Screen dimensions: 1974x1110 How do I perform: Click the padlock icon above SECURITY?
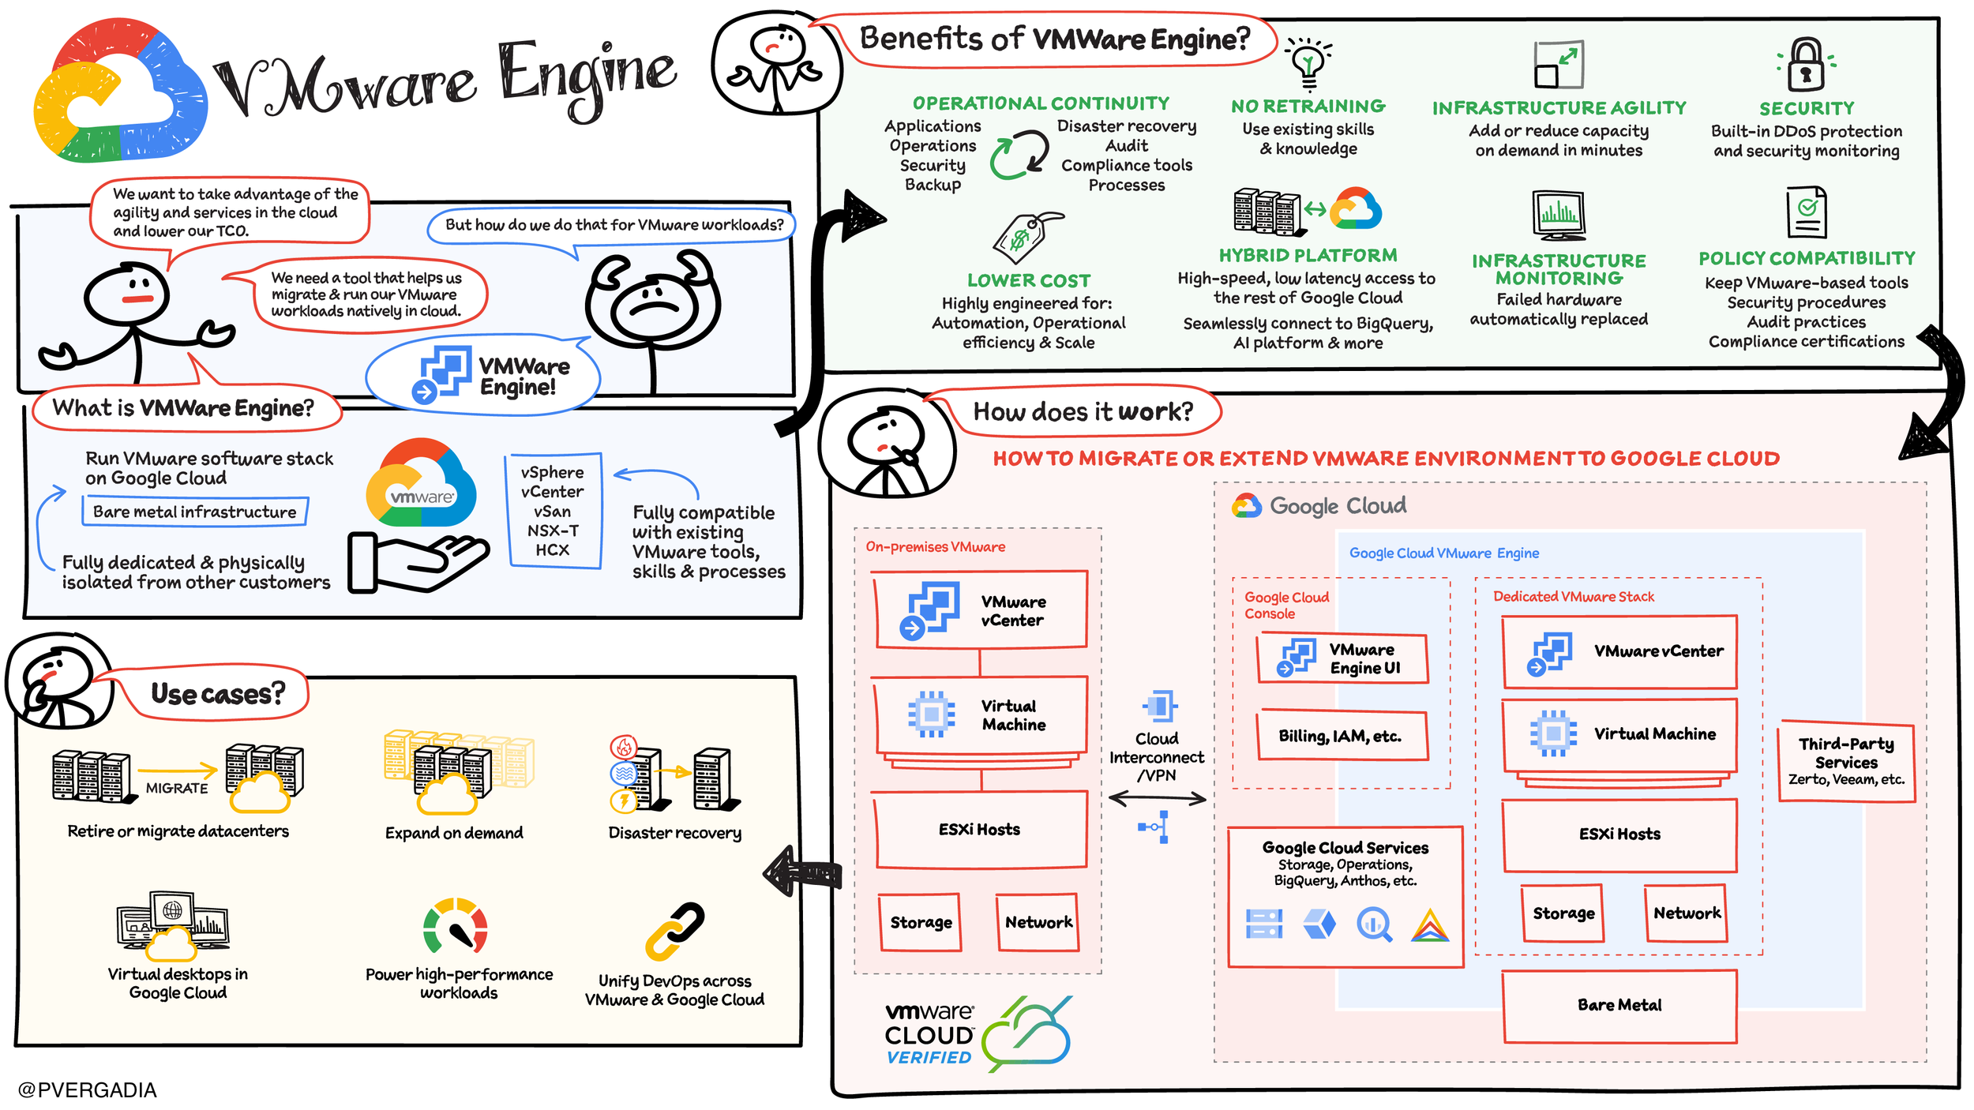click(1806, 65)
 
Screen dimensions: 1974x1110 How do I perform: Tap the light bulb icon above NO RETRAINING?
click(1308, 63)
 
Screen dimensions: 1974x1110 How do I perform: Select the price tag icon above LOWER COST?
click(1026, 237)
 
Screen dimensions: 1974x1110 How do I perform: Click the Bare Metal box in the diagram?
click(1619, 1006)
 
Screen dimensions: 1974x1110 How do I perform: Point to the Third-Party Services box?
click(1846, 762)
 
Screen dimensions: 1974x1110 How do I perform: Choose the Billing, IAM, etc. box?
click(1342, 735)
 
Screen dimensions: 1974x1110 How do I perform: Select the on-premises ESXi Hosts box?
click(980, 830)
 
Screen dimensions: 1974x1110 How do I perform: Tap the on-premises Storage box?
click(921, 922)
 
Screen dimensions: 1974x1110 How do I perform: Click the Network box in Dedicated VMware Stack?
click(1687, 913)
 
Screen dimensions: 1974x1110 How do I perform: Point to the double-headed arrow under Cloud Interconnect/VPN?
click(1157, 798)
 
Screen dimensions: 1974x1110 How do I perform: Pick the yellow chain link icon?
click(675, 932)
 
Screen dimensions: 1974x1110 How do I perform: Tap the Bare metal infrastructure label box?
click(195, 512)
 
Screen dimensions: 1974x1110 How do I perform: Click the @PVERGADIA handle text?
click(87, 1090)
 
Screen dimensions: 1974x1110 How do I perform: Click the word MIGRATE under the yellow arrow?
click(177, 788)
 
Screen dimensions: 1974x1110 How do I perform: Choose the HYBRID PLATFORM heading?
click(1308, 255)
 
